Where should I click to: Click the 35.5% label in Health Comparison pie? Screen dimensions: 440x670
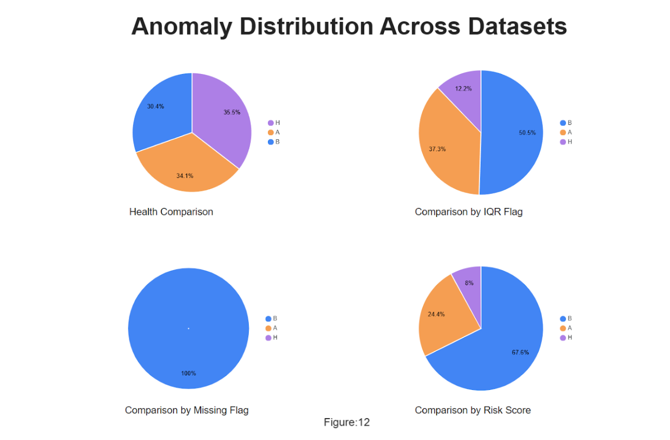coord(232,113)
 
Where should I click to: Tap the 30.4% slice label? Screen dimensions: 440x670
coord(155,106)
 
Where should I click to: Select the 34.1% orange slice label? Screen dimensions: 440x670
coord(185,176)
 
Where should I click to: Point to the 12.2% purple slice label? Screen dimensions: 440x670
coord(463,89)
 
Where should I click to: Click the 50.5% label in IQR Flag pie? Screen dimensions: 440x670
coord(527,133)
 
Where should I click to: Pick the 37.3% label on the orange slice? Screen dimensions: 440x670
coord(437,149)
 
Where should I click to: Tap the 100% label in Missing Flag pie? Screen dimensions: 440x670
coord(188,373)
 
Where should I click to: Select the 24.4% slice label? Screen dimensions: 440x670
coord(436,314)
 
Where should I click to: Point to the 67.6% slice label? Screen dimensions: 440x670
coord(520,352)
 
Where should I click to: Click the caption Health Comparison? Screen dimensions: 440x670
coord(171,212)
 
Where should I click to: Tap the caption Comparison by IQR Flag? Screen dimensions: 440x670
coord(468,212)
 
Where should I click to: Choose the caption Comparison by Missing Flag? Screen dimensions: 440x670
coord(187,410)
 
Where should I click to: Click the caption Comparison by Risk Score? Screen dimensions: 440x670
coord(472,410)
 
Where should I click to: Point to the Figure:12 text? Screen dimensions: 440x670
coord(347,422)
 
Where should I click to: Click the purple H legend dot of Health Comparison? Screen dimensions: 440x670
coord(271,123)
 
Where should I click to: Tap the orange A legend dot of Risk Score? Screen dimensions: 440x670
coord(563,328)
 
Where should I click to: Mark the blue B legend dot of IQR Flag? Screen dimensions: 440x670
coord(563,123)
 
